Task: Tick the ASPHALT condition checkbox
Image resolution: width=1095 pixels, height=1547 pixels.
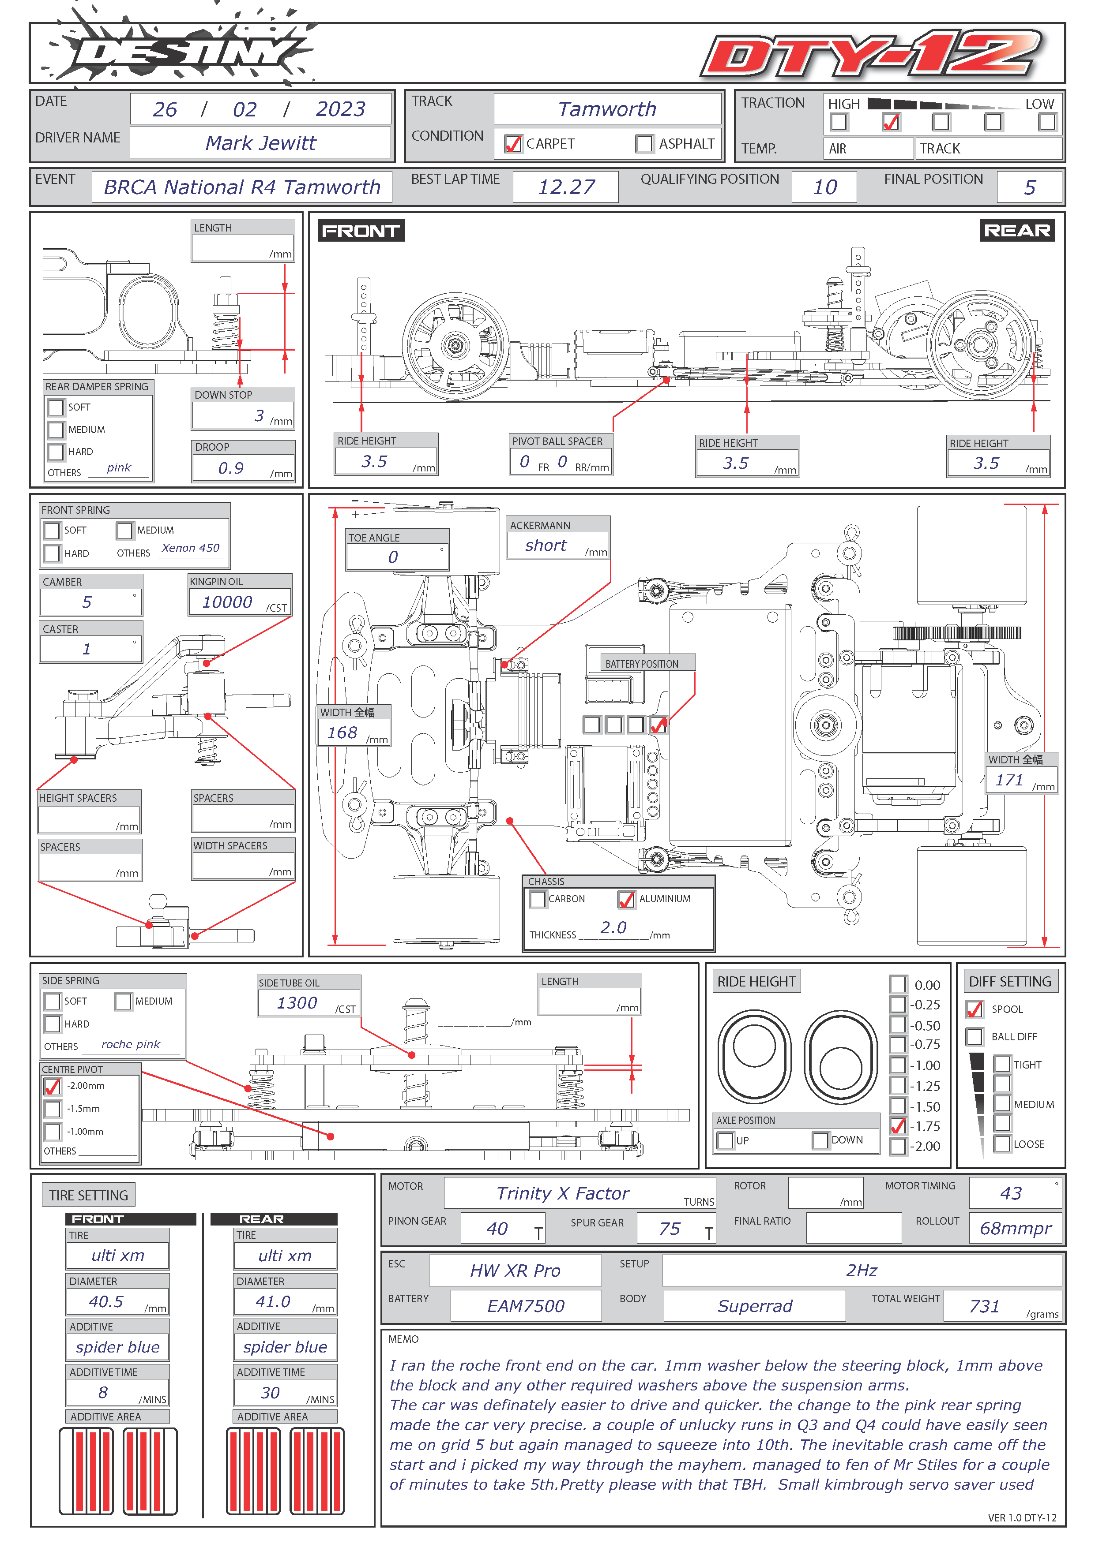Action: (644, 143)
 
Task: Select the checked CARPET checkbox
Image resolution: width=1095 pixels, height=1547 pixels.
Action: (513, 143)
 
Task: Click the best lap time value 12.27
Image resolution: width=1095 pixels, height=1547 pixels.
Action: (566, 187)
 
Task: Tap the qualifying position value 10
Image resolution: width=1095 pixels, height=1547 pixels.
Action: (824, 187)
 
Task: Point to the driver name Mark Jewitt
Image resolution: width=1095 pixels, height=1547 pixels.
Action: (260, 143)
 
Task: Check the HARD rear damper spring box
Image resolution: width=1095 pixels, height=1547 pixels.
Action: (56, 452)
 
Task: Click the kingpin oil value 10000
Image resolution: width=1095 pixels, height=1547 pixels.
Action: (227, 602)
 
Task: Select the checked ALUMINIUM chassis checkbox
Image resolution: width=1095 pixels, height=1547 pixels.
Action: (626, 899)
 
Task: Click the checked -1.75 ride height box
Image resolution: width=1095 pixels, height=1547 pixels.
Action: (897, 1126)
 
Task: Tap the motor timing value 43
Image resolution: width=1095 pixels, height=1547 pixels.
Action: (1011, 1193)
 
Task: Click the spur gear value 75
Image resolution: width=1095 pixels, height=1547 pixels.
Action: (670, 1228)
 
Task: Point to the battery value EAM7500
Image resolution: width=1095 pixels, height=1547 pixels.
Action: (526, 1306)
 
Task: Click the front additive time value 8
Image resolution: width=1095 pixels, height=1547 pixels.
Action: (103, 1392)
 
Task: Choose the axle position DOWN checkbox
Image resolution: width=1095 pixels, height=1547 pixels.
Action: (820, 1140)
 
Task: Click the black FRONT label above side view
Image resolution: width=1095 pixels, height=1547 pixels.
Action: (361, 231)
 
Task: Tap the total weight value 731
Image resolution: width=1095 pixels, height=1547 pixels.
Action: (984, 1306)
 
